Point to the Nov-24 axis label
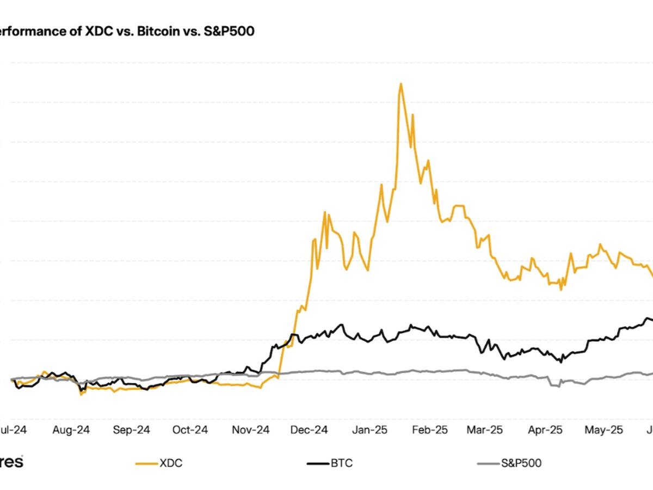[251, 430]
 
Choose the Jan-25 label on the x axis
[369, 430]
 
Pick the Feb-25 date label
[429, 430]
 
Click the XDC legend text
[171, 463]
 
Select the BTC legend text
[341, 463]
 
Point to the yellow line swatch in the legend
[146, 464]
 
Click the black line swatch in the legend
[317, 464]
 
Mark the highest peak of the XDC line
[401, 84]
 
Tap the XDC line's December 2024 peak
[325, 212]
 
